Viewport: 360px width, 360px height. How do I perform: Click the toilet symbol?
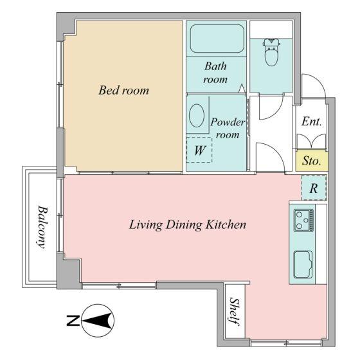[x=271, y=52]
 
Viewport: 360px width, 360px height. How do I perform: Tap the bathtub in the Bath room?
[x=217, y=39]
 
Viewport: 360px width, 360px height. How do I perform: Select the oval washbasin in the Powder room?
[x=197, y=116]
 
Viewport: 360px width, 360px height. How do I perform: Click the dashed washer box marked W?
[x=199, y=150]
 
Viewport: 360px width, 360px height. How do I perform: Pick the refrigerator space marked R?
[x=314, y=188]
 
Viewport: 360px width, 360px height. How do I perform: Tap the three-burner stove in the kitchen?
[x=303, y=220]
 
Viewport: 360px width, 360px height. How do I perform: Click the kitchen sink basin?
[x=303, y=264]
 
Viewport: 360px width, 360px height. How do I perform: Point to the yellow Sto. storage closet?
[x=312, y=161]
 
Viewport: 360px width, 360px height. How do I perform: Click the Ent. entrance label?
[x=311, y=122]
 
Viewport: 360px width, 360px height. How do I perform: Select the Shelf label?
[x=235, y=311]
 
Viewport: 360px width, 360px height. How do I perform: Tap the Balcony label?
[x=42, y=227]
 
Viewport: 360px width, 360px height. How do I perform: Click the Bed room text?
[x=123, y=90]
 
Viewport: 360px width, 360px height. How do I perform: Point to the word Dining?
[x=184, y=225]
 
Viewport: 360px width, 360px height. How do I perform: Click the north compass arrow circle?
[x=98, y=321]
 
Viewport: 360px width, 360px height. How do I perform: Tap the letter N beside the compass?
[x=73, y=321]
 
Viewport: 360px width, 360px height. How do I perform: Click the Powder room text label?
[x=228, y=129]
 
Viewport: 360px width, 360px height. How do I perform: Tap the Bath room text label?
[x=215, y=73]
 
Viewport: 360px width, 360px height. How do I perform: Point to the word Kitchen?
[x=226, y=224]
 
